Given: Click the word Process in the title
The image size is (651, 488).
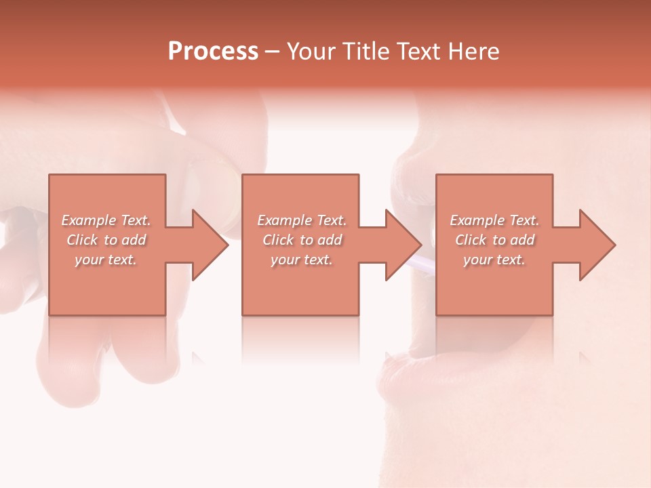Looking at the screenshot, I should (x=213, y=52).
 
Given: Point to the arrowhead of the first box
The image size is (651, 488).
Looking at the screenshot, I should (x=208, y=245).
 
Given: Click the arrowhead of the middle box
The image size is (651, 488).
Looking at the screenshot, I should (x=401, y=245).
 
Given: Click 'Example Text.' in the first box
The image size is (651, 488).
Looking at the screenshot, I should (x=106, y=220).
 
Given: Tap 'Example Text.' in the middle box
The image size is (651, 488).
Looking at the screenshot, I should (x=302, y=220).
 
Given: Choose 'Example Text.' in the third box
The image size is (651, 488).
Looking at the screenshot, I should (x=494, y=220).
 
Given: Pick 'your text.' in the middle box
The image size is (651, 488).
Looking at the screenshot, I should (x=301, y=260).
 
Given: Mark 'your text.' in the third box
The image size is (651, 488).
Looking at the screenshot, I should (x=494, y=260).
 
